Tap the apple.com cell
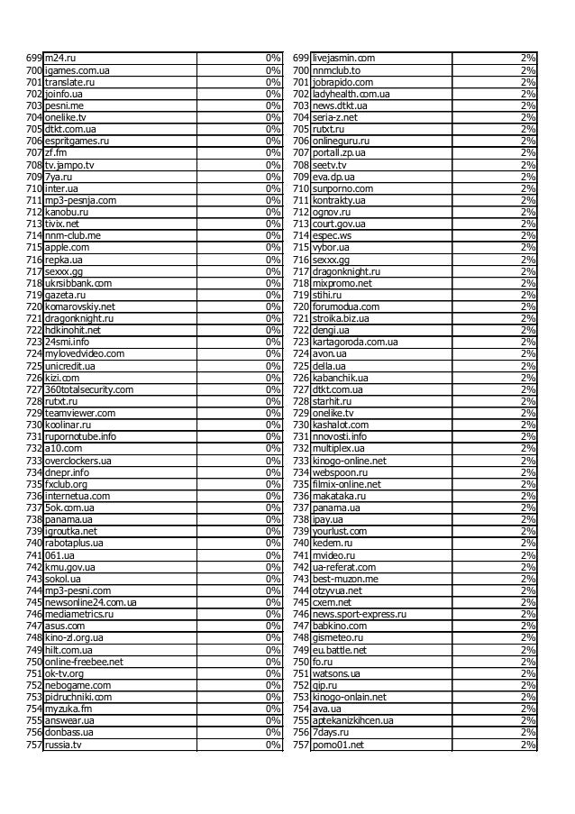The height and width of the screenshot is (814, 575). click(68, 247)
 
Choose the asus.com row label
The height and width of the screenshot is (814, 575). click(65, 626)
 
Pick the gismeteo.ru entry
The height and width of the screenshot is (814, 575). click(338, 637)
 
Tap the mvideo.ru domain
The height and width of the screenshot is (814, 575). click(335, 555)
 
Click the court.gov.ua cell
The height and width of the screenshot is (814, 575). click(339, 224)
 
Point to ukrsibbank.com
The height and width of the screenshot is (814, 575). click(78, 283)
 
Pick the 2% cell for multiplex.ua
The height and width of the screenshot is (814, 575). click(528, 449)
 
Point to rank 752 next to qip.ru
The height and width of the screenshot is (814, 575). click(301, 685)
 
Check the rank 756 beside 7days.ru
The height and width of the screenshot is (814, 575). click(301, 733)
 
